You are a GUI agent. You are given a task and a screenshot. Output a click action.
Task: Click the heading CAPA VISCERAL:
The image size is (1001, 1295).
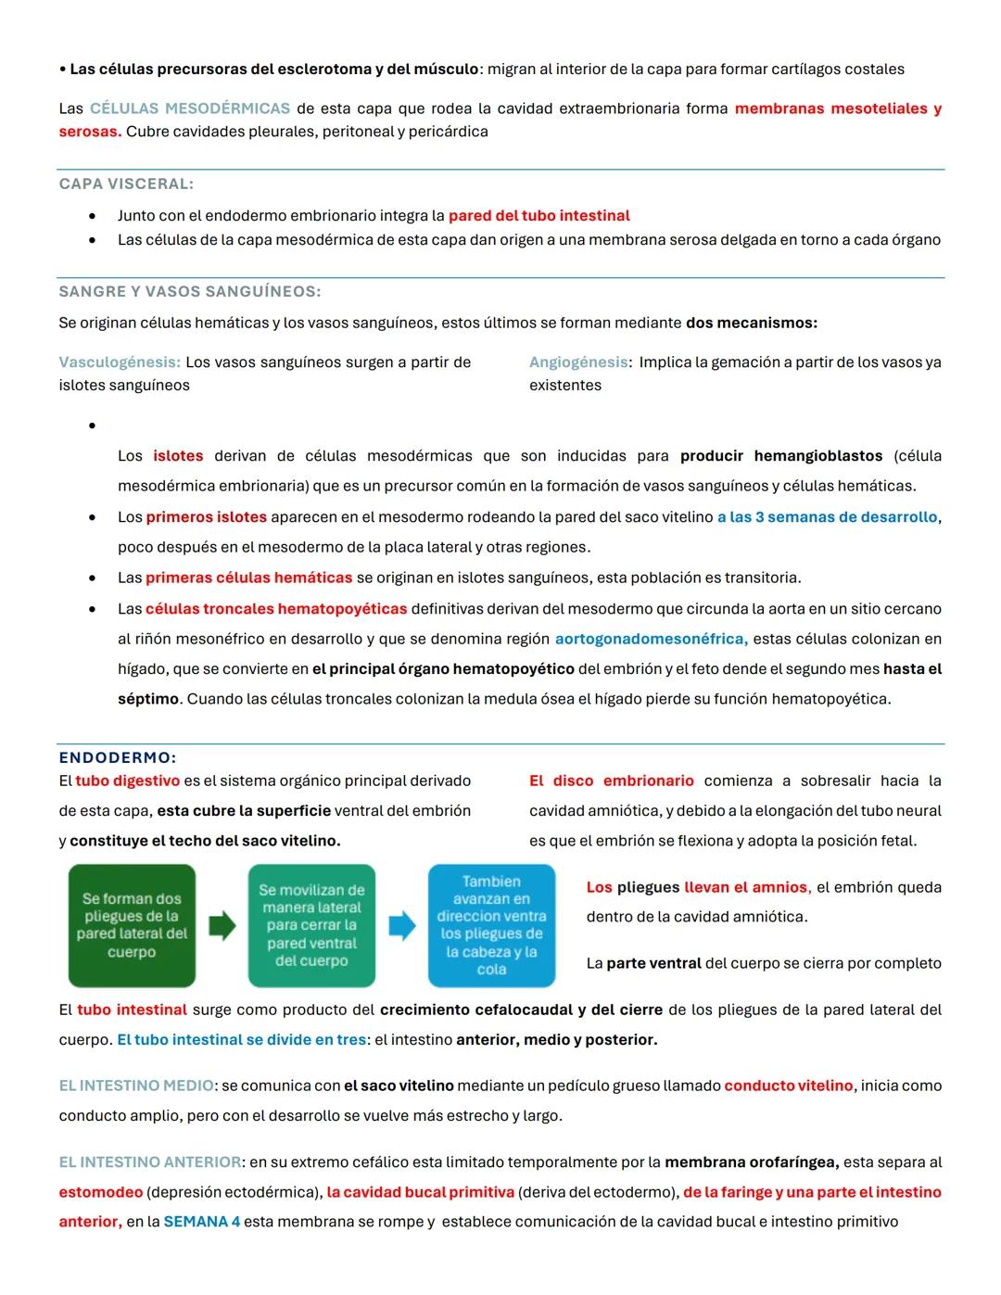pos(126,184)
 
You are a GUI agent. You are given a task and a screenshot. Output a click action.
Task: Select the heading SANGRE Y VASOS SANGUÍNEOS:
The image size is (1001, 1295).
pos(190,292)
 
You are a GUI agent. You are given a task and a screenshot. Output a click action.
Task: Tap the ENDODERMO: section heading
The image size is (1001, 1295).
pos(118,757)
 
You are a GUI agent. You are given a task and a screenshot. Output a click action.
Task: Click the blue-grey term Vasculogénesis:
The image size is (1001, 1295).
pos(120,362)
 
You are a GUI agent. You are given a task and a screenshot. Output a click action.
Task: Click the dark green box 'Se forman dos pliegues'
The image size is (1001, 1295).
pos(132,925)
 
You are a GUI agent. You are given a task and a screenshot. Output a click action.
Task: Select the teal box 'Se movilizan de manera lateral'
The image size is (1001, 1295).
pos(311,925)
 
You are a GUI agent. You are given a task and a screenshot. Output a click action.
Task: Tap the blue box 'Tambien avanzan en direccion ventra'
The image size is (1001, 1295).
pos(491,925)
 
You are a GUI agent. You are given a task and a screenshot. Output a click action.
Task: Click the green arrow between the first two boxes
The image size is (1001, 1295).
pos(222,925)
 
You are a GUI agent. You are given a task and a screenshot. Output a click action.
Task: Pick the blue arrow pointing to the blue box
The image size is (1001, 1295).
pos(401,925)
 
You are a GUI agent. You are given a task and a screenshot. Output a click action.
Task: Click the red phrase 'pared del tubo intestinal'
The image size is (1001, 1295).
pos(539,216)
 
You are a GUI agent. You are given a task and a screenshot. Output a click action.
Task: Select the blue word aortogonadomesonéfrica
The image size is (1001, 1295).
pos(651,640)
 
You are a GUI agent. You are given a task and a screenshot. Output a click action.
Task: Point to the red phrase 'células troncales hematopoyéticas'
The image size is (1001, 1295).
pos(276,609)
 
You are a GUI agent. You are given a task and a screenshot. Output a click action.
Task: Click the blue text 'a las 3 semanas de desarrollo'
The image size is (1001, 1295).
pos(827,517)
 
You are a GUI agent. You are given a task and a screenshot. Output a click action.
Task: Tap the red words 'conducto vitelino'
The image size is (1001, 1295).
pos(788,1086)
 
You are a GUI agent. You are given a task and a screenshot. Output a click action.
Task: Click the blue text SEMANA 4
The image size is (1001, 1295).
pos(201,1222)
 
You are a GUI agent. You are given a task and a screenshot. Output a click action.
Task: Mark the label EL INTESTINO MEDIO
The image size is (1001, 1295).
pos(136,1086)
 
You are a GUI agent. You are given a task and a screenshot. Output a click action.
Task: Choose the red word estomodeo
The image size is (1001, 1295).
pos(101,1192)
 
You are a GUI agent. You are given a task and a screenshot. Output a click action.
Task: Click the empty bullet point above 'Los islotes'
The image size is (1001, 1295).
pos(92,426)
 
